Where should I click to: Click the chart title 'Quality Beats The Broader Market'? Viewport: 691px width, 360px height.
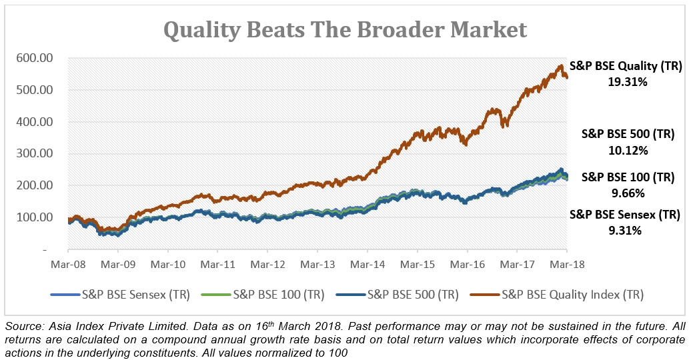pyautogui.click(x=345, y=30)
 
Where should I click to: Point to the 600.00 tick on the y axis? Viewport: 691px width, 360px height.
pyautogui.click(x=31, y=59)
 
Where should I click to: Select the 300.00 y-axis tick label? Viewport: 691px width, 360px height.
pyautogui.click(x=31, y=154)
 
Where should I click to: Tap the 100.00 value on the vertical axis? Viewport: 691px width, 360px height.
pyautogui.click(x=31, y=217)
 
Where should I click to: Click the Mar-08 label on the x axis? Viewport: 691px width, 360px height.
pyautogui.click(x=67, y=264)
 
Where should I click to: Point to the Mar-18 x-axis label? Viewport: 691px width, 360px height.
pyautogui.click(x=566, y=264)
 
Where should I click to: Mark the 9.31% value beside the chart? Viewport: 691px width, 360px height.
pyautogui.click(x=625, y=231)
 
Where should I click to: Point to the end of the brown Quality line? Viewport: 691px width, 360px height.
pyautogui.click(x=566, y=77)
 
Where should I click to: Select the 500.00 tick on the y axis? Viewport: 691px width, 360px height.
pyautogui.click(x=31, y=90)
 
